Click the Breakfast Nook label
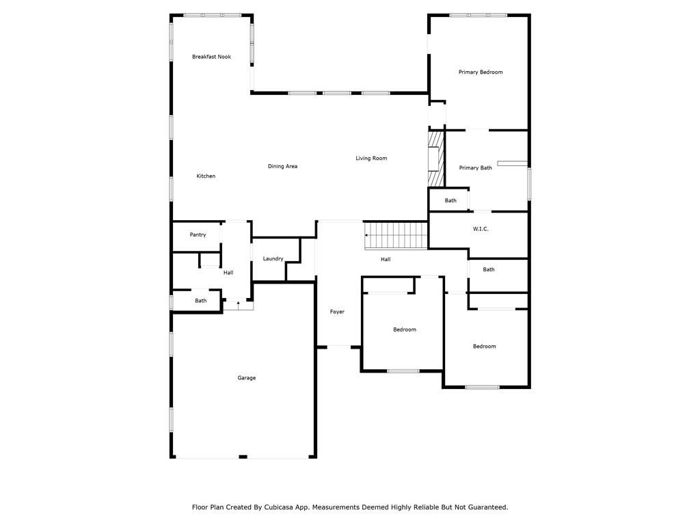click(212, 57)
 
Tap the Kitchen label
click(206, 176)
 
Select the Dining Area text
click(282, 166)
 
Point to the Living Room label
click(371, 158)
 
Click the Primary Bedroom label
click(481, 72)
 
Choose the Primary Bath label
click(476, 168)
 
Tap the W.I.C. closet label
click(481, 229)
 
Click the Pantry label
click(198, 235)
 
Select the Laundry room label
click(273, 258)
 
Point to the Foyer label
click(337, 312)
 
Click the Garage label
click(246, 377)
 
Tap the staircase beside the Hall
click(396, 236)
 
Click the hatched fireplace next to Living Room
click(436, 159)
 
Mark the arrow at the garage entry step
click(239, 304)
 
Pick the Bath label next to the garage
click(201, 301)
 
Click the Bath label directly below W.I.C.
click(489, 269)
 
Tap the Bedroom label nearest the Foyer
click(405, 329)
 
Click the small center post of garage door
click(243, 457)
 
